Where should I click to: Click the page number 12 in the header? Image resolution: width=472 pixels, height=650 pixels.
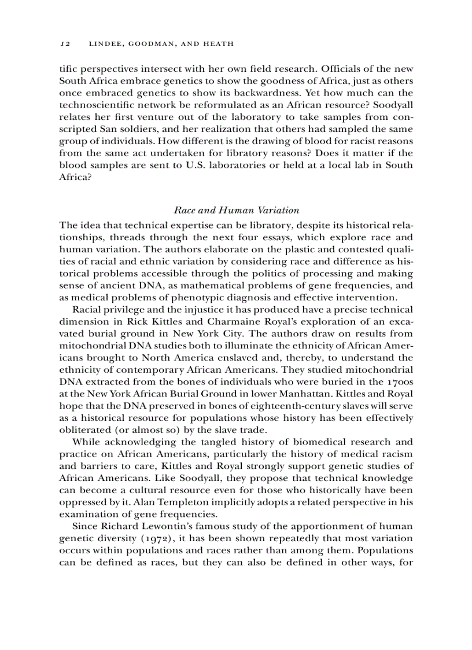tap(65, 43)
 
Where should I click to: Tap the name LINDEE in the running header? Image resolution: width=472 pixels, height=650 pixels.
tap(105, 43)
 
